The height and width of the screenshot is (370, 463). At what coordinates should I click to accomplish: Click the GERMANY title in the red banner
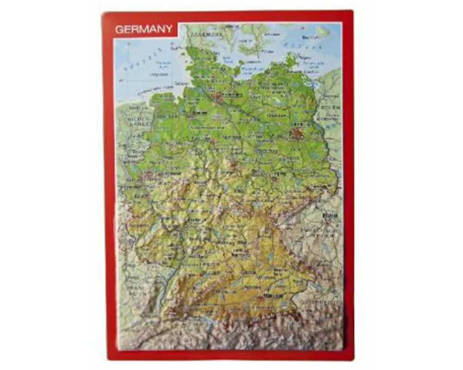pyautogui.click(x=144, y=29)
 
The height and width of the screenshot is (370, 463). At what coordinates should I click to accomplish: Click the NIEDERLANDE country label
pyautogui.click(x=138, y=121)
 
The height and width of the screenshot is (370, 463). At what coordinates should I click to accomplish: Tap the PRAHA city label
pyautogui.click(x=329, y=215)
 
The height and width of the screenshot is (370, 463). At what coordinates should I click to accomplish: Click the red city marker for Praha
pyautogui.click(x=328, y=221)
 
